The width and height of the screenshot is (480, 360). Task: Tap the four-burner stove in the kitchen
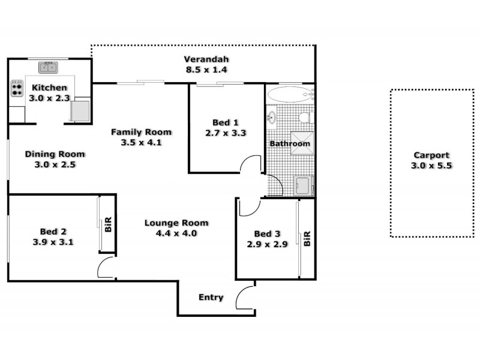tap(16, 89)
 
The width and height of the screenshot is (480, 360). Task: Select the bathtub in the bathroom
tap(289, 94)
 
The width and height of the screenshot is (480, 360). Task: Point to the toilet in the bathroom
tap(306, 116)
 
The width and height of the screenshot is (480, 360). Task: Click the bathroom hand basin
tap(272, 116)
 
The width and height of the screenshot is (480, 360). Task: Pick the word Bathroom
tap(290, 144)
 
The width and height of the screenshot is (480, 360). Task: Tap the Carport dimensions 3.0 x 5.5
tap(431, 165)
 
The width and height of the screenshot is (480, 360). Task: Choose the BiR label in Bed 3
tap(307, 239)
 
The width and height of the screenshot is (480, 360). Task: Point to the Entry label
tap(211, 298)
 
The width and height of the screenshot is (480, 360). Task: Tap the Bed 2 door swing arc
tap(106, 269)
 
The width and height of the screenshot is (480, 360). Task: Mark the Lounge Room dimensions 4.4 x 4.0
tap(171, 233)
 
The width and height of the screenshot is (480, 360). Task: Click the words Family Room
tap(142, 132)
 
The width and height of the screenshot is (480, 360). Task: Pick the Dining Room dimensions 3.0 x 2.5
tap(55, 164)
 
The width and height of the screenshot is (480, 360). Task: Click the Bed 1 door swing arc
tap(252, 164)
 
